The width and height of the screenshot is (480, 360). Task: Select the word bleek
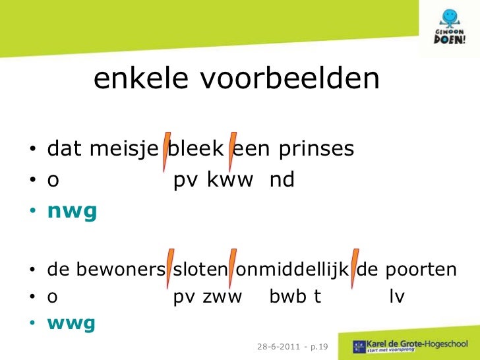coord(196,150)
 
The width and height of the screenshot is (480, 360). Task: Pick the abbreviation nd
coord(282,180)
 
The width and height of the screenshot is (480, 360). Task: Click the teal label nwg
coord(72,211)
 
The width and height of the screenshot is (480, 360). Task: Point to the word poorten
coord(422,270)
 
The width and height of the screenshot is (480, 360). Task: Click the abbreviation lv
coord(396,297)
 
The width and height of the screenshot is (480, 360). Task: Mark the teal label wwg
coord(71,324)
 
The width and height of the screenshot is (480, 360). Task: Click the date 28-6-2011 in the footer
coord(276,346)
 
